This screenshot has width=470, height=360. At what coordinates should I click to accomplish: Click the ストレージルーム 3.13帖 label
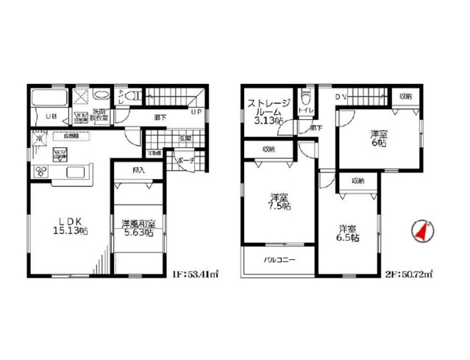(268, 112)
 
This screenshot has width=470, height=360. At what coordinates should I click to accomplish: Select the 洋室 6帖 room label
(378, 139)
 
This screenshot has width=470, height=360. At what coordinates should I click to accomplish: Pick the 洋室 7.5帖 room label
(278, 202)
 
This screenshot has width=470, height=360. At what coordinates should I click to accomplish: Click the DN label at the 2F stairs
(340, 96)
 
